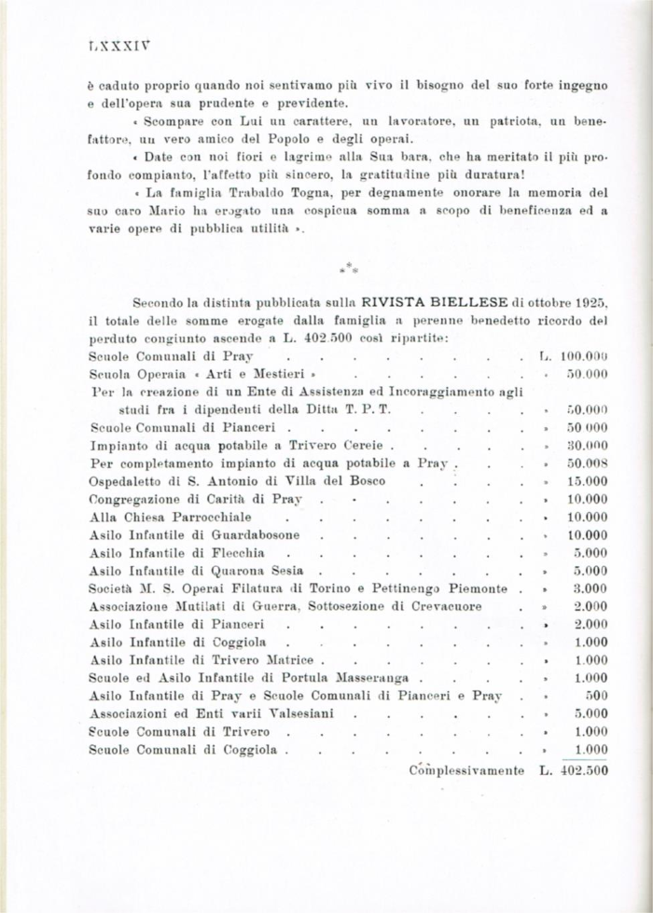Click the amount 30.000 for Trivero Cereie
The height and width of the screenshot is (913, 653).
pyautogui.click(x=588, y=446)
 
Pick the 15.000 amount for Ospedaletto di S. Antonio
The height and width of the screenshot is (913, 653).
pyautogui.click(x=588, y=481)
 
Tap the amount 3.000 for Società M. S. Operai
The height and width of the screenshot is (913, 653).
pyautogui.click(x=591, y=588)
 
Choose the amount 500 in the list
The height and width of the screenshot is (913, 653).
pyautogui.click(x=597, y=696)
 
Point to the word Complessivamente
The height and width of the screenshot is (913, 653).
pyautogui.click(x=466, y=770)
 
